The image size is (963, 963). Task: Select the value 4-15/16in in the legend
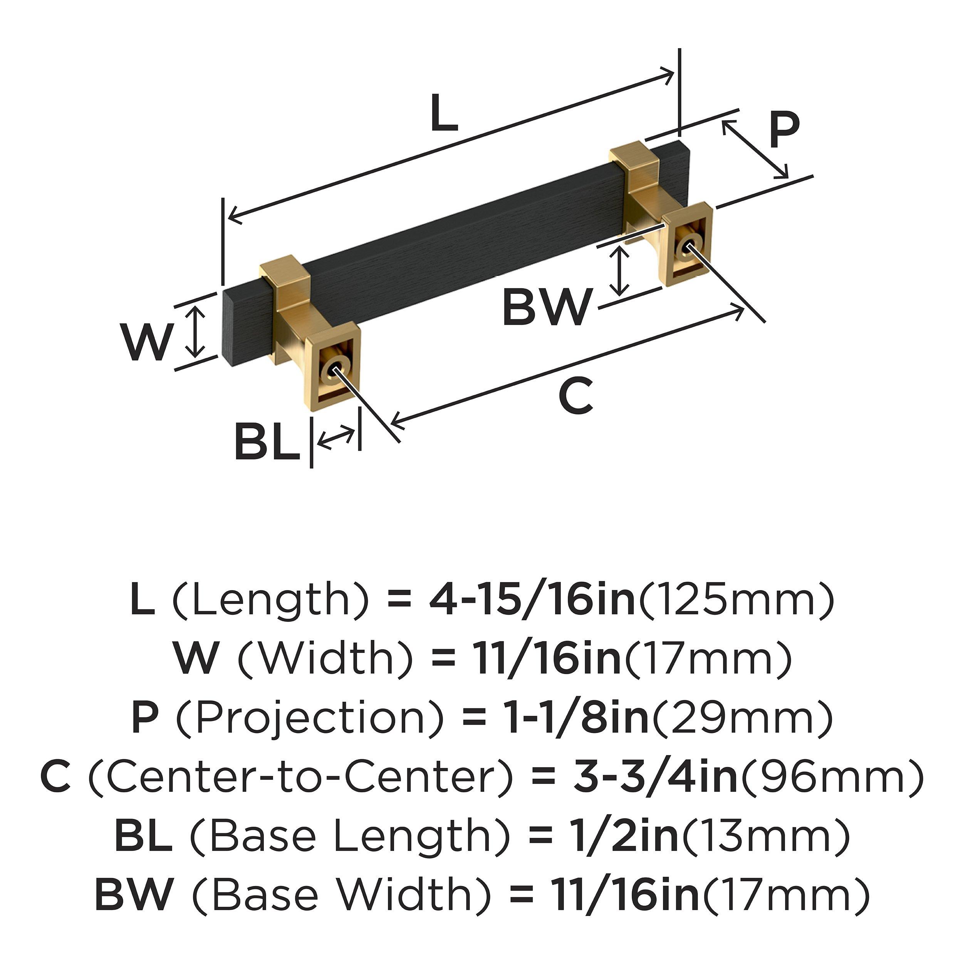click(532, 601)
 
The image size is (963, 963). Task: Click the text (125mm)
click(736, 601)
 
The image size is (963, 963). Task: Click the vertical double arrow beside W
click(198, 332)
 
